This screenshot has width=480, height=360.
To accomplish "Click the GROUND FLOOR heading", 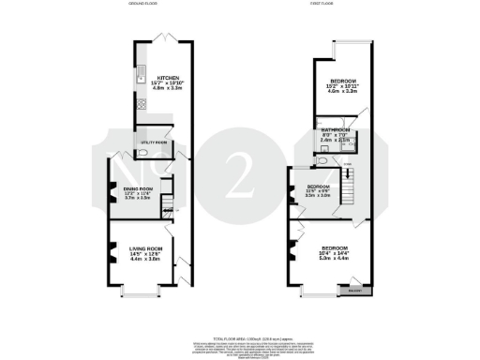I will [143, 5].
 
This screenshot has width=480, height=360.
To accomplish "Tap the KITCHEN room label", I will [169, 78].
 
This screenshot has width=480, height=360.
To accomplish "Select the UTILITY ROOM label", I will [153, 142].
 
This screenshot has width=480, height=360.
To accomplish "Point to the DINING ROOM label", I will [138, 188].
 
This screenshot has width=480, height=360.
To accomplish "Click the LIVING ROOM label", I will [145, 247].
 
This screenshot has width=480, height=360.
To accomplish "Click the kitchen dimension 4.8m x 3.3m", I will [169, 91].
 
